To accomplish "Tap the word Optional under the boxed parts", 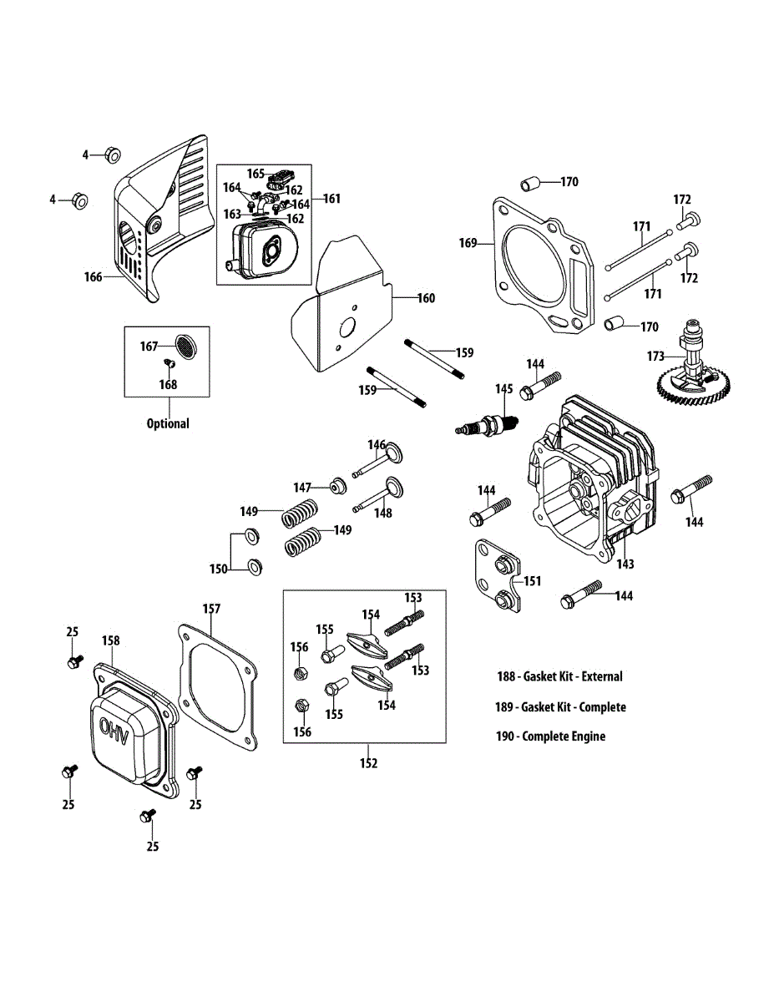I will click(x=168, y=423).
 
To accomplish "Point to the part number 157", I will click(x=211, y=609).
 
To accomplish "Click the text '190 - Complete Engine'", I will click(x=550, y=736).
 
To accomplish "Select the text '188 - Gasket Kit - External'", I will click(x=559, y=676).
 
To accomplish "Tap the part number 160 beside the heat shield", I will click(x=426, y=298).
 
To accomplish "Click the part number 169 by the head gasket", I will click(x=468, y=243).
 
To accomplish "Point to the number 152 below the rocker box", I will click(x=368, y=762).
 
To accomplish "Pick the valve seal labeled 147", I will click(x=339, y=484).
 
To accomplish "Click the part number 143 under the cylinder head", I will click(x=625, y=564).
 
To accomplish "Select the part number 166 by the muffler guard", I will click(x=93, y=276).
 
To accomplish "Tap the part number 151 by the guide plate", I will click(x=532, y=580).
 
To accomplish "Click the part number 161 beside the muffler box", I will click(x=331, y=199).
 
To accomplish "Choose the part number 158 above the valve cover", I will click(x=110, y=640).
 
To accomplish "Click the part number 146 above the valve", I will click(x=377, y=444).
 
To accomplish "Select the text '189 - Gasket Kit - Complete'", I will click(x=560, y=706).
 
